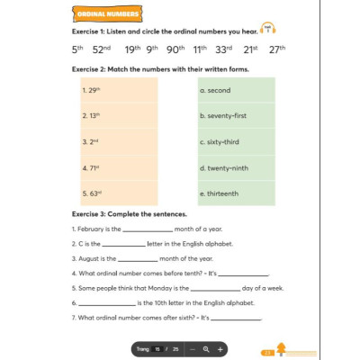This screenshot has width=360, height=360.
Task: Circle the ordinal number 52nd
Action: coord(102,49)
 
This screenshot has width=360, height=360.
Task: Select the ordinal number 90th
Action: coord(175,49)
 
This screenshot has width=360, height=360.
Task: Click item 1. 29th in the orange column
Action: coord(91,90)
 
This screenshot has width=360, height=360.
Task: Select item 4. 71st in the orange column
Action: coord(91,167)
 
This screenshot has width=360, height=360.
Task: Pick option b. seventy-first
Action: coord(223,116)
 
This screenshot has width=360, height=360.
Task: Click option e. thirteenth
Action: coord(220,193)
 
